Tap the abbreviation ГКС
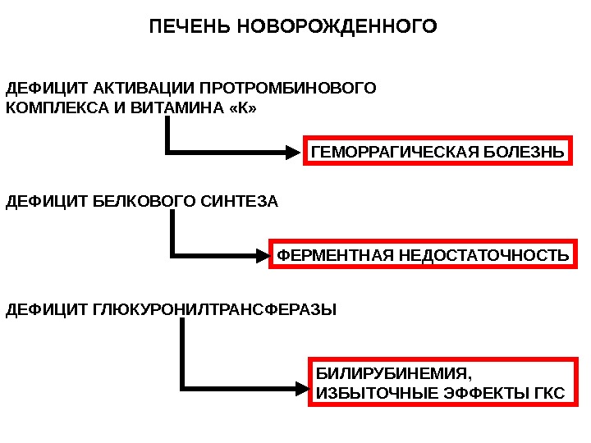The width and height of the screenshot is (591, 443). click(548, 394)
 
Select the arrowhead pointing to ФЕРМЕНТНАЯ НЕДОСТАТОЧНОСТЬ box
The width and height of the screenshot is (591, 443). click(261, 256)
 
